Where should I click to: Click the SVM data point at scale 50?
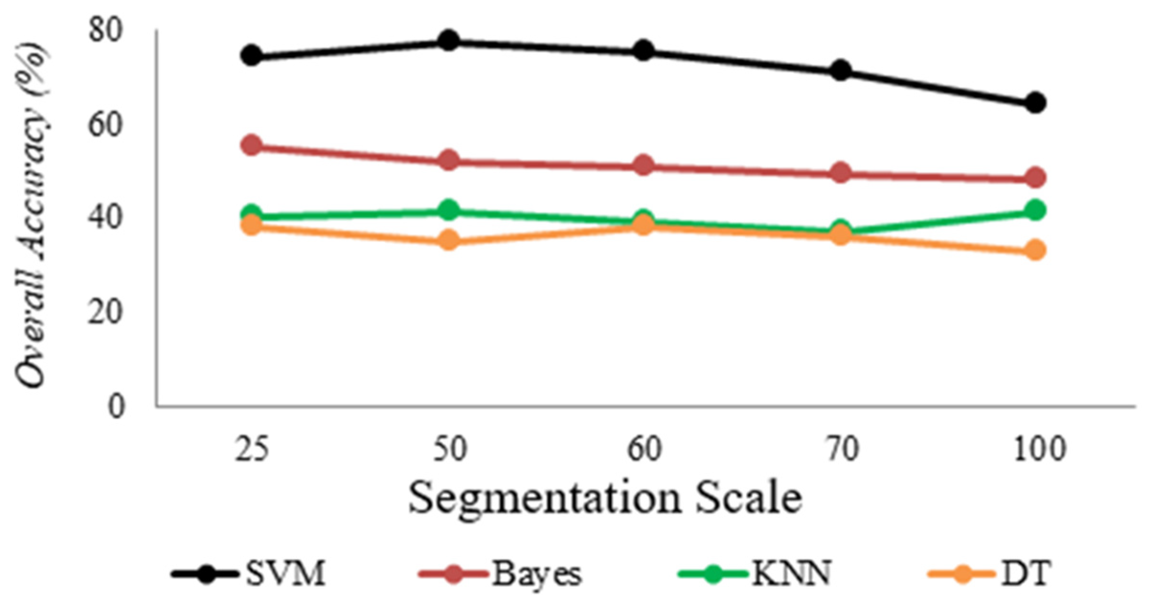[x=449, y=41]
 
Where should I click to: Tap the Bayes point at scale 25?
[x=252, y=145]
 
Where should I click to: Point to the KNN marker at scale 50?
[x=449, y=210]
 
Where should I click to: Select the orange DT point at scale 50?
[x=449, y=240]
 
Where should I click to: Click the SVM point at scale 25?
[x=252, y=55]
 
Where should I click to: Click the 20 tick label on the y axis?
[x=106, y=313]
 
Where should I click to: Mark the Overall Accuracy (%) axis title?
[x=32, y=215]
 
